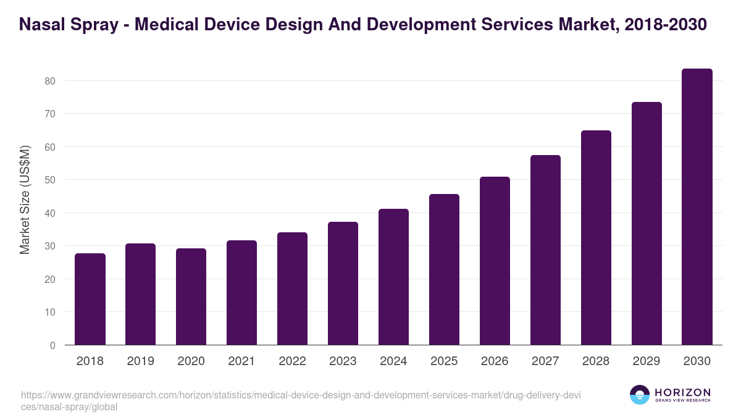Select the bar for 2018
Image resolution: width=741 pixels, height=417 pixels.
[x=90, y=299]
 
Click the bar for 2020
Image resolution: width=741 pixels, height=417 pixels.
[x=191, y=297]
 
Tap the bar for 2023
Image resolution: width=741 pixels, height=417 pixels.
[x=343, y=284]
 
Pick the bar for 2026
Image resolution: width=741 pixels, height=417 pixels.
[x=495, y=261]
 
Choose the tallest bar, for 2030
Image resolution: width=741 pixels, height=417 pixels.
[x=697, y=207]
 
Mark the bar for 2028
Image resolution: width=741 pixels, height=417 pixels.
[x=596, y=238]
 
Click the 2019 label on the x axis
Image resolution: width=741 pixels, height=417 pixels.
[x=141, y=361]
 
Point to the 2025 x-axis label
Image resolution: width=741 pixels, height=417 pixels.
[x=444, y=361]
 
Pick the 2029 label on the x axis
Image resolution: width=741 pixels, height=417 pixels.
[x=647, y=361]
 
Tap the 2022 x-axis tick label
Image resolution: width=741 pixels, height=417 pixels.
[x=292, y=361]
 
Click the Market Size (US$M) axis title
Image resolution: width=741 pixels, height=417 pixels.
[x=25, y=200]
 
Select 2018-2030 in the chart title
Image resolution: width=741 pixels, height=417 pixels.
[x=666, y=25]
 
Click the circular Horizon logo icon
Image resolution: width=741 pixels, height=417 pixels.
[x=640, y=395]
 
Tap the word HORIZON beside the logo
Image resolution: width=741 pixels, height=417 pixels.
[x=682, y=392]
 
